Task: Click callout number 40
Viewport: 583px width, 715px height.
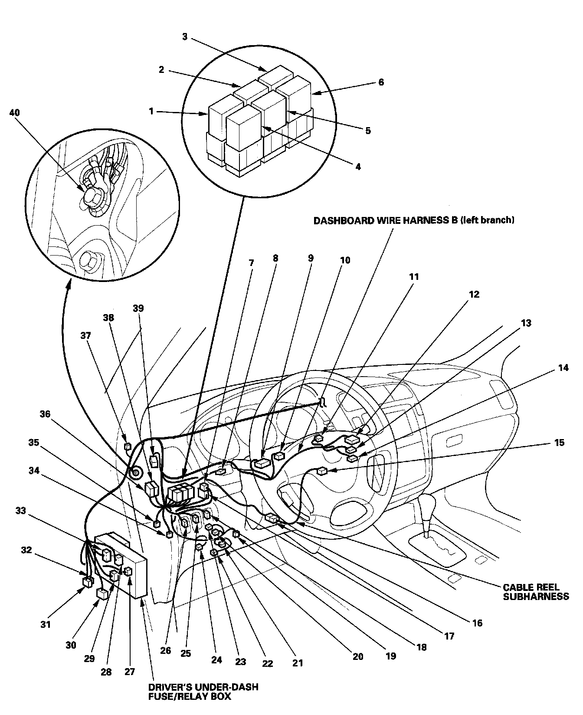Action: [14, 112]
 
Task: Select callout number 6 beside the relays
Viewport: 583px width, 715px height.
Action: [381, 82]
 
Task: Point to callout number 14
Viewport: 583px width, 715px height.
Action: [563, 368]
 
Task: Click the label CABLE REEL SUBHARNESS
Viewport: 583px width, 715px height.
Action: [535, 592]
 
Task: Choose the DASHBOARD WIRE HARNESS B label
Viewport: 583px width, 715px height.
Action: [414, 220]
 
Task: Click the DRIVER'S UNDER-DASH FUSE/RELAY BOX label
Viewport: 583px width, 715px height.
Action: [203, 692]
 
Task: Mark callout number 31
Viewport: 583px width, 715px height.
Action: [46, 624]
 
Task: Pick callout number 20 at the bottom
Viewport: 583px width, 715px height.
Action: [357, 657]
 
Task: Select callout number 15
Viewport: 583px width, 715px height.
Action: [559, 443]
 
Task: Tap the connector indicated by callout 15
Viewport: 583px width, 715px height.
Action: [321, 472]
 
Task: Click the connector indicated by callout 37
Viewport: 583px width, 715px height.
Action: [128, 446]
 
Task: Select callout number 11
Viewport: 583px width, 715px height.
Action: [414, 276]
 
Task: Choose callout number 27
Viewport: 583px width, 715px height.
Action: [130, 672]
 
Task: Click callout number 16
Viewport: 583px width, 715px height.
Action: [477, 623]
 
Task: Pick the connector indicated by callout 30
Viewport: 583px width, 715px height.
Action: [103, 594]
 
